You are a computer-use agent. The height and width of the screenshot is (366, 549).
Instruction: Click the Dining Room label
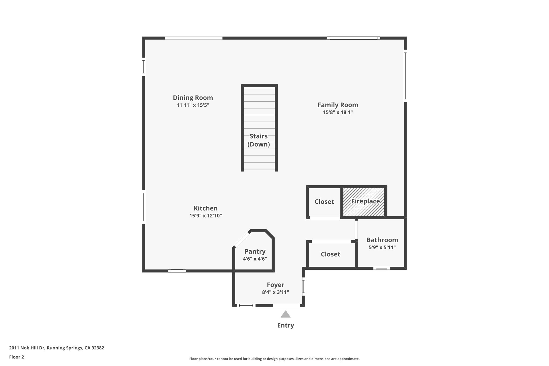[193, 98]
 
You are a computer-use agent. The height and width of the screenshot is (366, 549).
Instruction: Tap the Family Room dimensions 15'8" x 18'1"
[337, 112]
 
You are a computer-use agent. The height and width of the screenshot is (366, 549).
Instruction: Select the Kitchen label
[206, 208]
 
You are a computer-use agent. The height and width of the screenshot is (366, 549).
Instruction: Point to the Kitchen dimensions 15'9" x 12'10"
[206, 216]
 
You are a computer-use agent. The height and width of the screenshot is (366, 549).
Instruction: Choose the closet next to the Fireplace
[324, 202]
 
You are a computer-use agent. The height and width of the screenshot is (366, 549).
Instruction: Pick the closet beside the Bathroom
[330, 254]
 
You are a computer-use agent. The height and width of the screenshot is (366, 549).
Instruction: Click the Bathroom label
[382, 240]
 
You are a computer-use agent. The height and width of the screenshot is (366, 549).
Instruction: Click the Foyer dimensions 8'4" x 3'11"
[275, 292]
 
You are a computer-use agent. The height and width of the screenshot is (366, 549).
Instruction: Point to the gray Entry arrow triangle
[285, 315]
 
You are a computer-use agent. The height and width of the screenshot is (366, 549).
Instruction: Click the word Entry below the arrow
[285, 325]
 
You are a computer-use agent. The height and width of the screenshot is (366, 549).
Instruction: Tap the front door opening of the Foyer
[286, 305]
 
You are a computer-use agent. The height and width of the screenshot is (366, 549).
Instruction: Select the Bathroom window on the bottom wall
[381, 268]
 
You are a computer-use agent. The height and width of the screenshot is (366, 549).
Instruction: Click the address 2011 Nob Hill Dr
[57, 348]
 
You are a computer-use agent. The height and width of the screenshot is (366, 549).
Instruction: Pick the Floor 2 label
[17, 357]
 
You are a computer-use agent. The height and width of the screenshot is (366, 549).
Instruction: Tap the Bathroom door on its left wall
[356, 230]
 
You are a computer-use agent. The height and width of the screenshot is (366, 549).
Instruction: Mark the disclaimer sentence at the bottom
[274, 359]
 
